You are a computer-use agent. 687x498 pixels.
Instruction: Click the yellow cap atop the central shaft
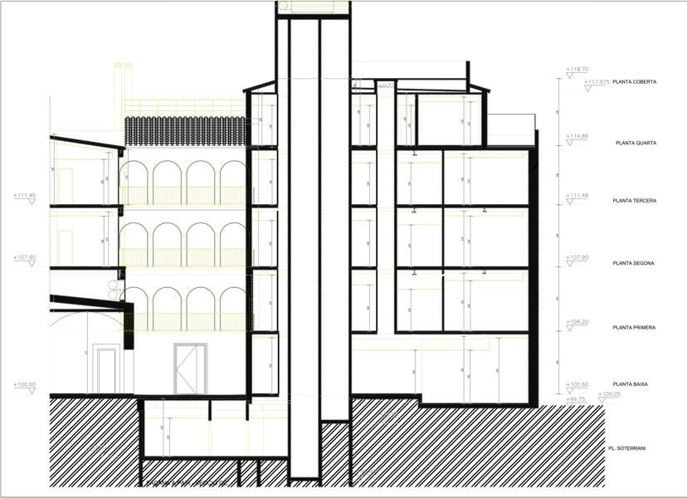[x=313, y=8]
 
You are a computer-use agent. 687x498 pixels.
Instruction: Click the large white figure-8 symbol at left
[x=114, y=290]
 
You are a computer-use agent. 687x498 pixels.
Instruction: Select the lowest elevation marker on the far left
[x=26, y=386]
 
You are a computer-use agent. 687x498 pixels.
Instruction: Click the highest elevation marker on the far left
[x=26, y=197]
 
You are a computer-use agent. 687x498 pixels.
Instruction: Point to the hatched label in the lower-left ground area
[x=96, y=450]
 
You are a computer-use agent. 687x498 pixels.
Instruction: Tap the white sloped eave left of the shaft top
[x=257, y=85]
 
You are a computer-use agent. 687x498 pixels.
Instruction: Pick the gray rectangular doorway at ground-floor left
[x=105, y=369]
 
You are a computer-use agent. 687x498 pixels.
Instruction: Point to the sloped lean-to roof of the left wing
[x=87, y=143]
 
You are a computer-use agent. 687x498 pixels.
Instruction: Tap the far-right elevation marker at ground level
[x=608, y=396]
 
